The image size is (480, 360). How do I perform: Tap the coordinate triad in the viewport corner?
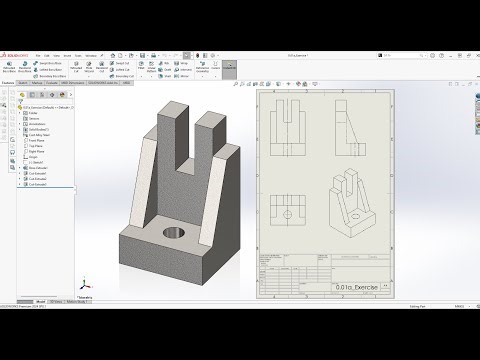point(86,282)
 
